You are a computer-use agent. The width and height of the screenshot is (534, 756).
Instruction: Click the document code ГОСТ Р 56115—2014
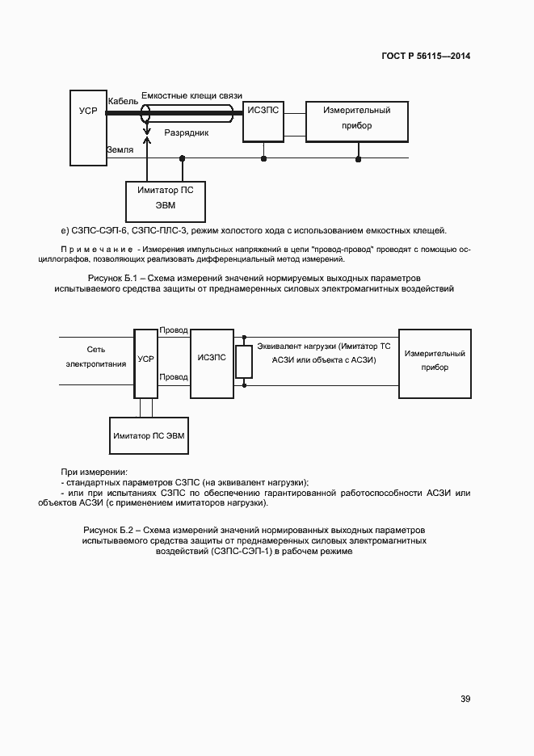click(425, 57)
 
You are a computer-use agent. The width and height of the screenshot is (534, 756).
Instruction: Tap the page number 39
click(465, 699)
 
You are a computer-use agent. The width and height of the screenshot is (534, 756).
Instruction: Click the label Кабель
click(123, 101)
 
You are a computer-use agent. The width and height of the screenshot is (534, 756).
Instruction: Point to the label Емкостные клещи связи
click(191, 95)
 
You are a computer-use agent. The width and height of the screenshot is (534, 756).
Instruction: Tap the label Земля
click(120, 149)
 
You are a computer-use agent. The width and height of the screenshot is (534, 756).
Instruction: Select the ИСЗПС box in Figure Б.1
click(263, 120)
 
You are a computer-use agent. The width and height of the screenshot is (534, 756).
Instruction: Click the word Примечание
click(96, 249)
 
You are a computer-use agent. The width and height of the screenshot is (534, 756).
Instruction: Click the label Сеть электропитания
click(96, 356)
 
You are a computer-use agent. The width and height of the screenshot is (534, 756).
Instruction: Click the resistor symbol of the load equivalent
click(240, 363)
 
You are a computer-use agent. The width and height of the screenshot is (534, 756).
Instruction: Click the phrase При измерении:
click(95, 471)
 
